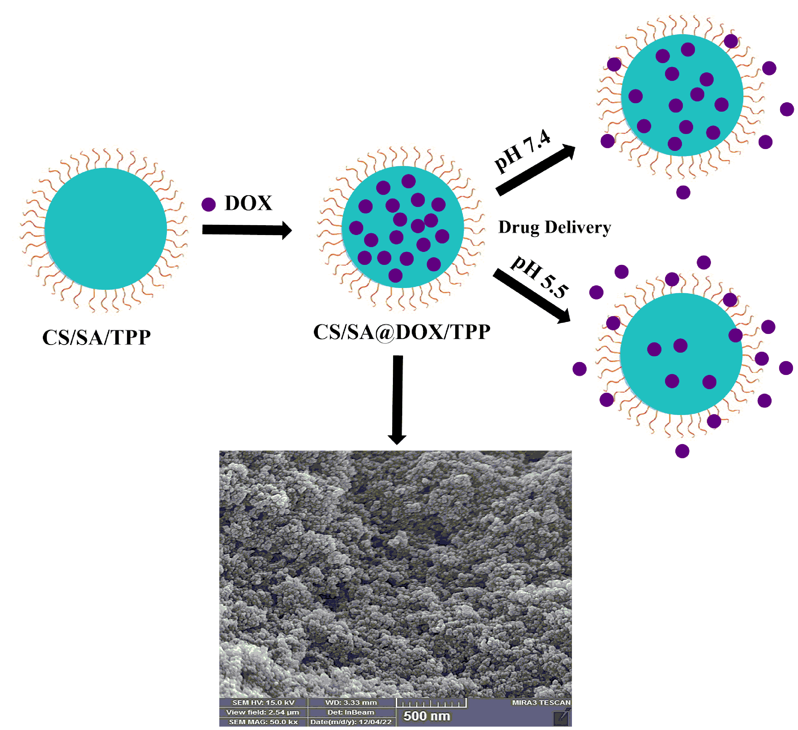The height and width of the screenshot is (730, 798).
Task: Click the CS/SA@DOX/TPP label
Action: point(401,332)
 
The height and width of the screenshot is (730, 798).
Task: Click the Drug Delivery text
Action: point(554,227)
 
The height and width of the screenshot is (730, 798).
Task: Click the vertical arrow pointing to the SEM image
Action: point(397,400)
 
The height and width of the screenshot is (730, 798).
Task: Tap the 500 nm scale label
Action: point(426,716)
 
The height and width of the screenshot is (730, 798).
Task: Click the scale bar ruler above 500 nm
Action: point(431,703)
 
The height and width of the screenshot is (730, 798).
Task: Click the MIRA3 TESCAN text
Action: point(541,702)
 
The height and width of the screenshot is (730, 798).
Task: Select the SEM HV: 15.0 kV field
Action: point(263,702)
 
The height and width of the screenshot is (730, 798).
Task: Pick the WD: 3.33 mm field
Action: point(351,702)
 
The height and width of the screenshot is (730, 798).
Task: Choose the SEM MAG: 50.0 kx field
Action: point(263,722)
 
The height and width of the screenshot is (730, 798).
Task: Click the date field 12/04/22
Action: point(351,722)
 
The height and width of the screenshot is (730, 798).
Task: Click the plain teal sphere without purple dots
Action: point(105,229)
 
